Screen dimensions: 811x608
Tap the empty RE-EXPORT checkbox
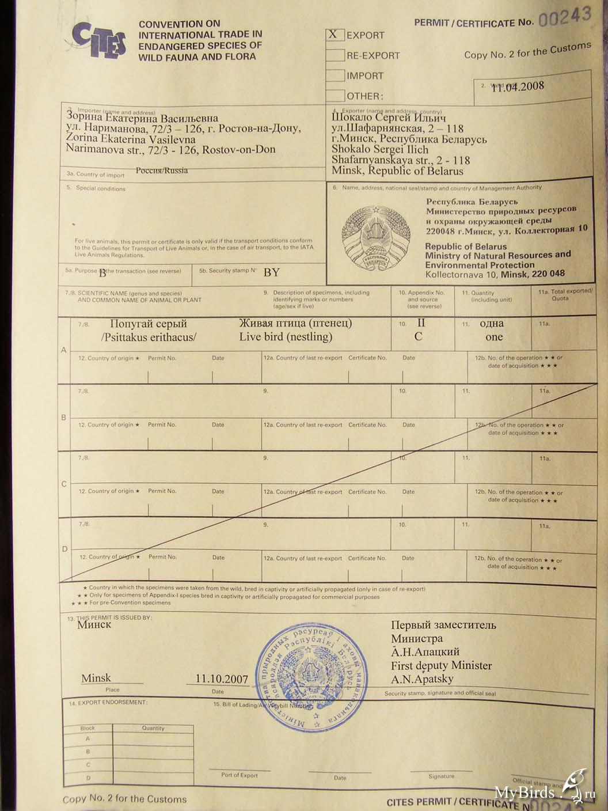click(x=335, y=55)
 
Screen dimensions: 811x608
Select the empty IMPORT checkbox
click(x=335, y=75)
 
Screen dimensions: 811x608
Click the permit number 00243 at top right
click(x=565, y=18)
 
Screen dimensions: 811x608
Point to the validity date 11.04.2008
click(x=518, y=86)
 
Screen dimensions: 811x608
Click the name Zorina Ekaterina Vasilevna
click(x=131, y=139)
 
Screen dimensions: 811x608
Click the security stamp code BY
click(x=271, y=272)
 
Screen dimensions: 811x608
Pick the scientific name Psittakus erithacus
click(x=149, y=338)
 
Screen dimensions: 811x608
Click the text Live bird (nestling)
click(x=286, y=337)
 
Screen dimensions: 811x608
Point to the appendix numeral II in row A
click(x=420, y=323)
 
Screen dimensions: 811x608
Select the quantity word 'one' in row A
click(x=493, y=337)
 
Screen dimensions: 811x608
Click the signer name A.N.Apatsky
click(x=422, y=679)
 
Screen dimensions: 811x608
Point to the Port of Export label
click(x=240, y=775)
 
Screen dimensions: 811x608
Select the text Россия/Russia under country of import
click(x=162, y=170)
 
